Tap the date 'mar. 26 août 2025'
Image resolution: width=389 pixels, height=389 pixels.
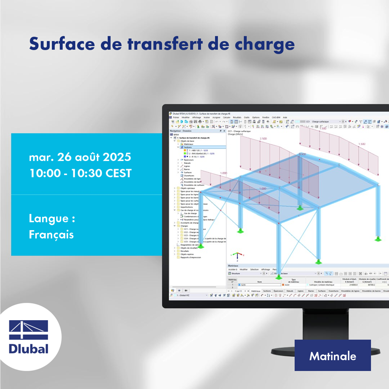[80, 157]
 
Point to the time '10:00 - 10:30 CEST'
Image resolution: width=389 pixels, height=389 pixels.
[80, 173]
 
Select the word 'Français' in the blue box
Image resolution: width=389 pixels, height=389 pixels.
[51, 234]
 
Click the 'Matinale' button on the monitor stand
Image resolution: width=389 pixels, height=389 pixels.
[332, 356]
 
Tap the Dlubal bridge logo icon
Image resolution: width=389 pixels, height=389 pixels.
[28, 330]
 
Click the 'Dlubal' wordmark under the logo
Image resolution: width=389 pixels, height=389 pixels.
[28, 348]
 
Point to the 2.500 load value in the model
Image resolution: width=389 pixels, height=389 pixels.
[263, 139]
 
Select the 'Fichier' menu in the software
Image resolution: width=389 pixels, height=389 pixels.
[176, 118]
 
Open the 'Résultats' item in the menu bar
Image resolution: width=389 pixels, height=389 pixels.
[237, 118]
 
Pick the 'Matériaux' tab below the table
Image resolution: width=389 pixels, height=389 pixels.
[256, 291]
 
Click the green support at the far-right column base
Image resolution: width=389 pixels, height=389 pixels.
[378, 239]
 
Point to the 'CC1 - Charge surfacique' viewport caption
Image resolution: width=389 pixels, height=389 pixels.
[239, 131]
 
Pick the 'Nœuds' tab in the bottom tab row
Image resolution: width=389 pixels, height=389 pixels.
[290, 291]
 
